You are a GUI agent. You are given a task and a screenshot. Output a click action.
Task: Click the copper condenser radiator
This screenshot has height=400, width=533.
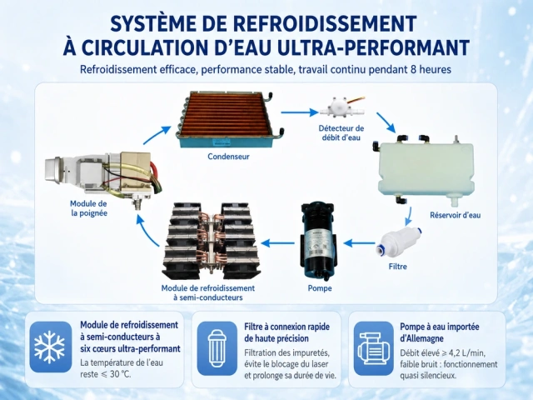pos(230,120)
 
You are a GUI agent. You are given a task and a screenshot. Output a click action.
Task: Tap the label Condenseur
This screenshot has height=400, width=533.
pos(228,157)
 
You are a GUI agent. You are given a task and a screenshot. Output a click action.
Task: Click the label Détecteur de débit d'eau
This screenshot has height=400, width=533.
pos(341,133)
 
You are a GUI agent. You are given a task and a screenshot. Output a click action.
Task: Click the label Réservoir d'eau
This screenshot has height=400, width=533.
pos(456,215)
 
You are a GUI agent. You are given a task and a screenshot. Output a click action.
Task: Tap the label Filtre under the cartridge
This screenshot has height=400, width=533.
pos(398,267)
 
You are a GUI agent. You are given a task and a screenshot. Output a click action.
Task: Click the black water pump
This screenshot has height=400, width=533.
pos(318,242)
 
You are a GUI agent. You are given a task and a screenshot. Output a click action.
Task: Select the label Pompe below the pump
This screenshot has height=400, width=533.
pos(320,288)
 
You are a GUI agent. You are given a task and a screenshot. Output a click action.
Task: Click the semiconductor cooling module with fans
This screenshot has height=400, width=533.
pos(211,241)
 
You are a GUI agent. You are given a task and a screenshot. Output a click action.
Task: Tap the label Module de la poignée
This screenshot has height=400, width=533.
pos(88,208)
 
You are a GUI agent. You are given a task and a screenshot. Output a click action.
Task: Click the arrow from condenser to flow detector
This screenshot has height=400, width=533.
pos(299,112)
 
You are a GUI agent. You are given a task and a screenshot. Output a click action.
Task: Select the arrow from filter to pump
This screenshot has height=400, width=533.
pos(359,242)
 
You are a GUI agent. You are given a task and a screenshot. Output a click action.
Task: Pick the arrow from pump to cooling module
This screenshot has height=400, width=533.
pos(277,242)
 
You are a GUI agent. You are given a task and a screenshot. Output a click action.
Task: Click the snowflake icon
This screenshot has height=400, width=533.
pos(50,347)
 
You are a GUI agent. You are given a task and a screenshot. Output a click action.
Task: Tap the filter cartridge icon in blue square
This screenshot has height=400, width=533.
pos(217,348)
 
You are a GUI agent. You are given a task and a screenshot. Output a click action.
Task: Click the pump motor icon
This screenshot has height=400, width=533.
pos(374,349)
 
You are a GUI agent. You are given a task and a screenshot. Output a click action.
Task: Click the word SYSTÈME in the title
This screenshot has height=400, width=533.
pos(154,24)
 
